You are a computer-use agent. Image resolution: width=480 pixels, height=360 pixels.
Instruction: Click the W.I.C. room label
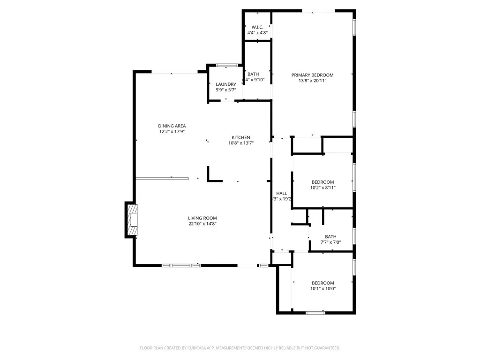256,27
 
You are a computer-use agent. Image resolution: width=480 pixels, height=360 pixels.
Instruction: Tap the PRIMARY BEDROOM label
312,75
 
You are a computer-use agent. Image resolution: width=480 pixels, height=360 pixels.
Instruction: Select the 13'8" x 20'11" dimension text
312,81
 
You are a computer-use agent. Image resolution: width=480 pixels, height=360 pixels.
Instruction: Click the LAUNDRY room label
226,84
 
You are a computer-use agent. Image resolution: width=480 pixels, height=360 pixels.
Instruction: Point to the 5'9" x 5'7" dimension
226,90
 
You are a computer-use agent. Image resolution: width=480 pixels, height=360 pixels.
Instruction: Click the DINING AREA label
172,126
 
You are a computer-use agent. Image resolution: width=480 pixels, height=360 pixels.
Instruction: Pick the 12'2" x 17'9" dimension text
172,132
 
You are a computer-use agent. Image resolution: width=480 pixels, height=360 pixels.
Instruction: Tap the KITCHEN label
241,137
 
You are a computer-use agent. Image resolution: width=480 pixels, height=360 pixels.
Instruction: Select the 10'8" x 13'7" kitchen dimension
241,143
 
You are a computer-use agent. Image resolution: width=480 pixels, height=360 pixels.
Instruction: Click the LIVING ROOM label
202,218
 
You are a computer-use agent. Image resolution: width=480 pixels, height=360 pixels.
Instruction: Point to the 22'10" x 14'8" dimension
202,224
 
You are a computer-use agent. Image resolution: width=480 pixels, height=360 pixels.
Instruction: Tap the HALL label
282,193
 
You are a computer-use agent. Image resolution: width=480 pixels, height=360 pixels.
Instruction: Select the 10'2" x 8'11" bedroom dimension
323,187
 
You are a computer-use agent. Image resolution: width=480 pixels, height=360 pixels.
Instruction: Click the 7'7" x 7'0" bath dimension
330,242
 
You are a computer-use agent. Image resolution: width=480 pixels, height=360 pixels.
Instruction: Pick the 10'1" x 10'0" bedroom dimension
323,288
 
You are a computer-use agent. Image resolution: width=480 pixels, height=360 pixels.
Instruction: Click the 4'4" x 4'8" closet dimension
256,33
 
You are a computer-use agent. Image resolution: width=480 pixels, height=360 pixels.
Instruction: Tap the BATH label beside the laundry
253,74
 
